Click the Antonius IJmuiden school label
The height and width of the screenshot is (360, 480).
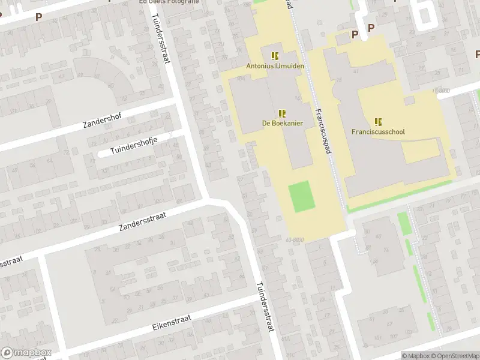(x=275, y=65)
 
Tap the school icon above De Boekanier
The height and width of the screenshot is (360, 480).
(x=282, y=113)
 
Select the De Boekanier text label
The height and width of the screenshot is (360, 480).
(x=282, y=123)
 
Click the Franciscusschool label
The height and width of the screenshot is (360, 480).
(x=378, y=131)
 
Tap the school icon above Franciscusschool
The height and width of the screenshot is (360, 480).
(x=378, y=121)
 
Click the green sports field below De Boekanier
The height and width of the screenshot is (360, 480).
(x=302, y=196)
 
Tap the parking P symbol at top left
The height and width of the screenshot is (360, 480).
(x=38, y=17)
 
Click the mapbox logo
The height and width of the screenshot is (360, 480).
(x=26, y=353)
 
